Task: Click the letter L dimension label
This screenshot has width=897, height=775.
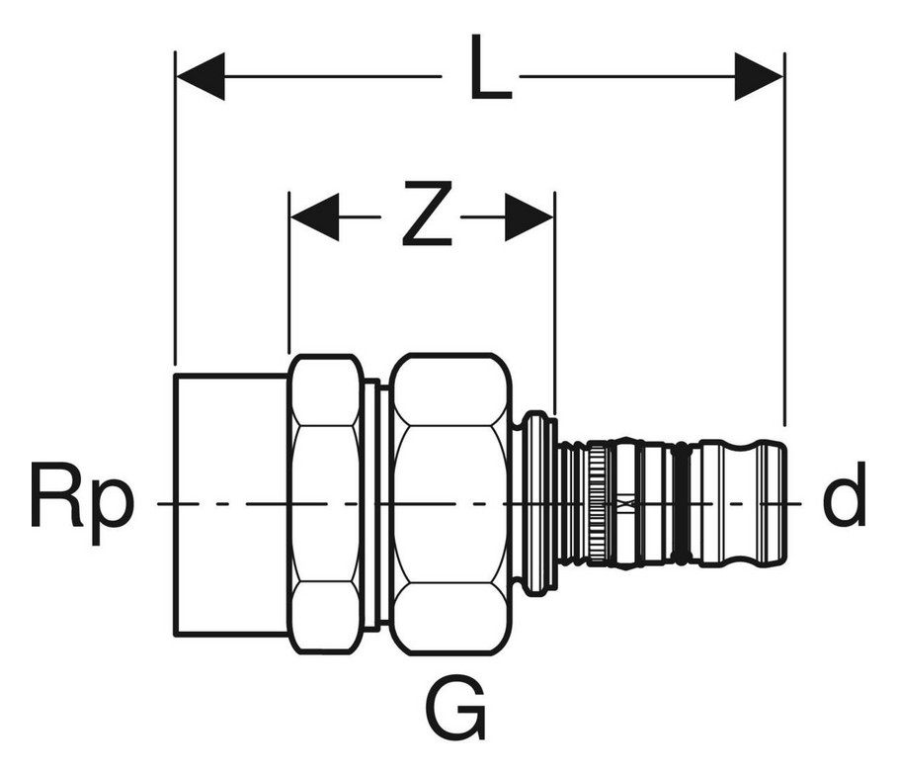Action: (x=490, y=67)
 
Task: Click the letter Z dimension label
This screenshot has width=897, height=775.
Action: (x=428, y=214)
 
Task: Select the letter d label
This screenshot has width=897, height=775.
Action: (x=844, y=493)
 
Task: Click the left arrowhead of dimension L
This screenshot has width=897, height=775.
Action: (x=201, y=76)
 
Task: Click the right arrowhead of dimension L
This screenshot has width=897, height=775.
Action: (x=759, y=76)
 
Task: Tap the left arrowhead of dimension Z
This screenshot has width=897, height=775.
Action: (x=314, y=216)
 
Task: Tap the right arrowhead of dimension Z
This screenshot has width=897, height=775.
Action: (x=530, y=216)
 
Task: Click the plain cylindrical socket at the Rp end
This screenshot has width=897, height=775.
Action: (x=231, y=504)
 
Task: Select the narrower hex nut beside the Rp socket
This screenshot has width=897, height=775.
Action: (x=325, y=504)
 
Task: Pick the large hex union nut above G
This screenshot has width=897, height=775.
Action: (x=450, y=504)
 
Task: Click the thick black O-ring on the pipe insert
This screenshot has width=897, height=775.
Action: (x=681, y=504)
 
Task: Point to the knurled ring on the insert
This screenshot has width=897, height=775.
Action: (x=598, y=504)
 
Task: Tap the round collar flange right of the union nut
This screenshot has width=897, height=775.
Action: (x=536, y=504)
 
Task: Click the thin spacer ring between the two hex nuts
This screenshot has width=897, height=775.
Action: (x=372, y=504)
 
